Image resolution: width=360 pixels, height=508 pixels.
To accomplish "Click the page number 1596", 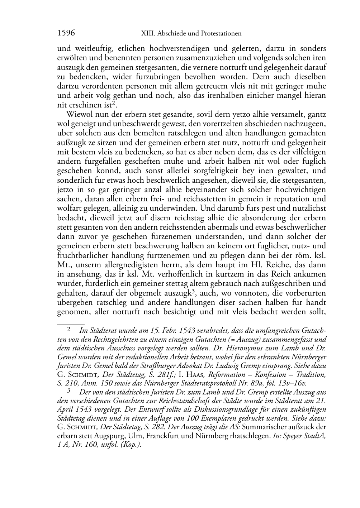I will click(66, 33).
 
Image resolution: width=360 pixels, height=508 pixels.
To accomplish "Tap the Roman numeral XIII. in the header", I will click(148, 33).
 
